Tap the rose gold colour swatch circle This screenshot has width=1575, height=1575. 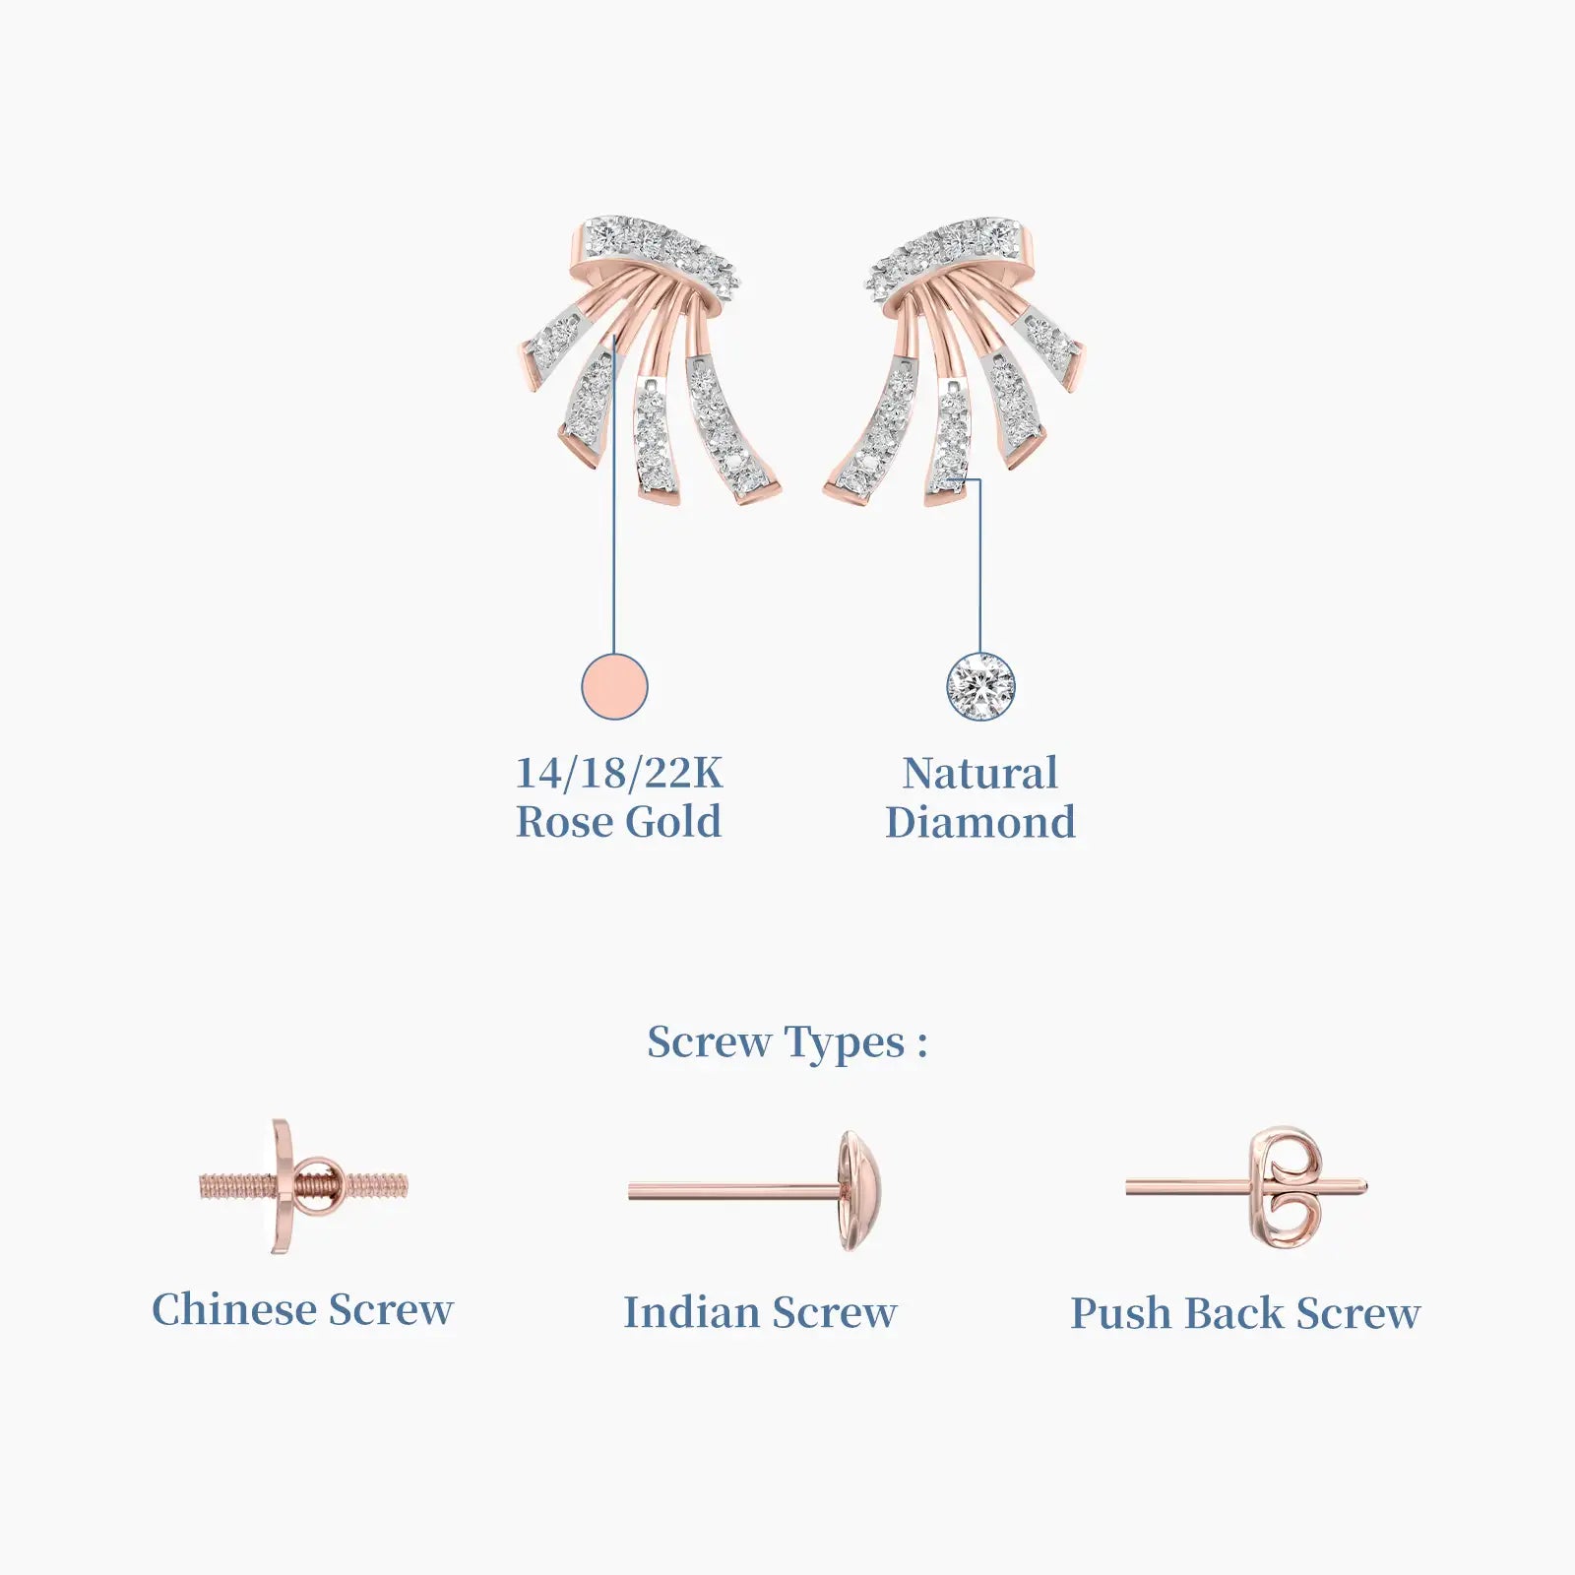pyautogui.click(x=614, y=686)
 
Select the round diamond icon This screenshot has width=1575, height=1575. pyautogui.click(x=980, y=686)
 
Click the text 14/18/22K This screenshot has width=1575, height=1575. pyautogui.click(x=619, y=773)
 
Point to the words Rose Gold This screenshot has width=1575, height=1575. pyautogui.click(x=619, y=822)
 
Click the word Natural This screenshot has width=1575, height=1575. pyautogui.click(x=980, y=773)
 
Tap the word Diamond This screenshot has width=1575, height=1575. pyautogui.click(x=980, y=822)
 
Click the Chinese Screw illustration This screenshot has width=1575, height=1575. pyautogui.click(x=303, y=1186)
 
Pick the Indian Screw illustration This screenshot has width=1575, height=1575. pyautogui.click(x=758, y=1191)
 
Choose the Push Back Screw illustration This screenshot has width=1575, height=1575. pyautogui.click(x=1247, y=1188)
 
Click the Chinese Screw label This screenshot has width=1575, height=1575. pyautogui.click(x=303, y=1310)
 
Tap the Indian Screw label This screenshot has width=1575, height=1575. pyautogui.click(x=760, y=1312)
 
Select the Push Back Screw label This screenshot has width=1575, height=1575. pyautogui.click(x=1246, y=1313)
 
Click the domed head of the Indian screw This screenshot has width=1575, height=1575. pyautogui.click(x=860, y=1191)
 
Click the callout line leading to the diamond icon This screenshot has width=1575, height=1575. pyautogui.click(x=979, y=565)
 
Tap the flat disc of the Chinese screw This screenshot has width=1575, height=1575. pyautogui.click(x=283, y=1186)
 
